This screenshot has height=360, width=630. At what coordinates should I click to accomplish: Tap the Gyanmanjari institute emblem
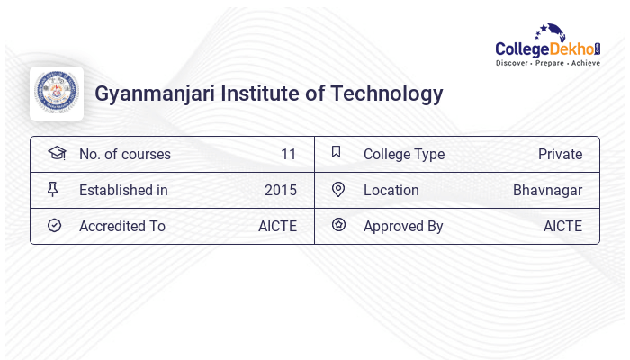(57, 94)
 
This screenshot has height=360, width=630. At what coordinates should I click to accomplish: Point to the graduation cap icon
(56, 153)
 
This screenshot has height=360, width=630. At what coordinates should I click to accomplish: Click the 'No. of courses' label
(124, 154)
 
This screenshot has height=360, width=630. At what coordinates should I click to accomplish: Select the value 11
(288, 154)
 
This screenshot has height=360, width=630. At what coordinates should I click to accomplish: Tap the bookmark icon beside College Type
(337, 153)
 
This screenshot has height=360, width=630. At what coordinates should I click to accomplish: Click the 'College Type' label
(403, 154)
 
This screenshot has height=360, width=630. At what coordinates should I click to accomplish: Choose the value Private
(560, 154)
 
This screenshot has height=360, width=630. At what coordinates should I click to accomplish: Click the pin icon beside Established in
(53, 189)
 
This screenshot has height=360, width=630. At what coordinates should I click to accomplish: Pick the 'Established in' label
(123, 190)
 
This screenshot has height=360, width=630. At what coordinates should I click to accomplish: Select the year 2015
(281, 190)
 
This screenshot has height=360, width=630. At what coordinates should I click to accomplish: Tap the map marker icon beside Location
(337, 189)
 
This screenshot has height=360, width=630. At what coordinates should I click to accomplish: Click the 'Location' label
(391, 190)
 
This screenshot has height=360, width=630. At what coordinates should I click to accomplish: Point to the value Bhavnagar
(547, 190)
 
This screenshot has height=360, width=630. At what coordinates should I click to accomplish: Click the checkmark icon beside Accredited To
(54, 225)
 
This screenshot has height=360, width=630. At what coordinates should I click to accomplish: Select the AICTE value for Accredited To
(277, 226)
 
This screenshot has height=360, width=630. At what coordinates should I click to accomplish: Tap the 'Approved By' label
(403, 226)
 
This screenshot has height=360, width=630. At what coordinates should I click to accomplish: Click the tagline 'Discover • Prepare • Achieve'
(547, 63)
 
